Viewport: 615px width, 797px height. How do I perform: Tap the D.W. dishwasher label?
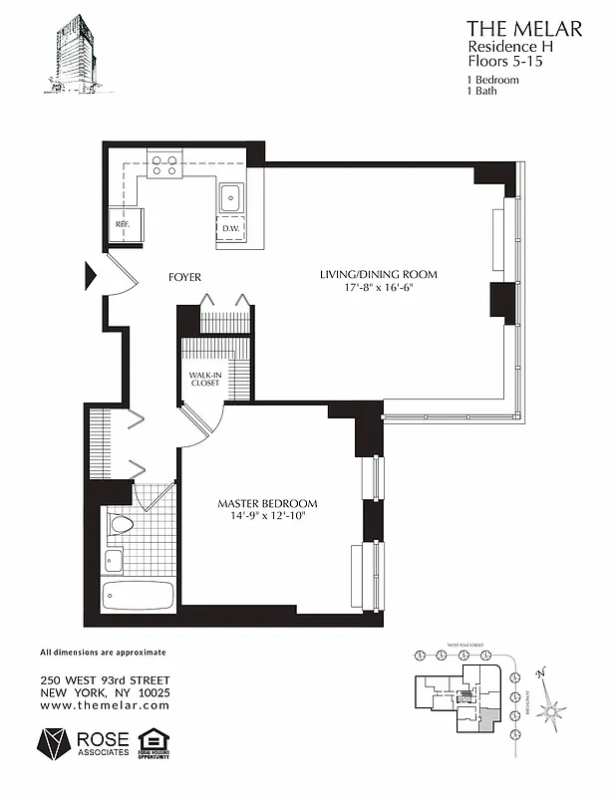point(231,229)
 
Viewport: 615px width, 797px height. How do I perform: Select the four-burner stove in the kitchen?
point(165,162)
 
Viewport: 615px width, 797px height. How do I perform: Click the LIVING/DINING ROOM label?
point(378,275)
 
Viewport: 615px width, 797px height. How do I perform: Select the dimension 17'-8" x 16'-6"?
point(378,289)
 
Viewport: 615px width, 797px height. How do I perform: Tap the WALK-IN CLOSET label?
point(204,381)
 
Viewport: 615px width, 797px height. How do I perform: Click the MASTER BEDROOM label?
point(267,504)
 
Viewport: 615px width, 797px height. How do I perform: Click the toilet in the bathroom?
point(121,524)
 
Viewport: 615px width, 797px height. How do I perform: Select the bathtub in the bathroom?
point(138,597)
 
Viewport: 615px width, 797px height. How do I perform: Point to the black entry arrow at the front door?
point(89,274)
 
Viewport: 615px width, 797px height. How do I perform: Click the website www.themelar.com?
point(105,704)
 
